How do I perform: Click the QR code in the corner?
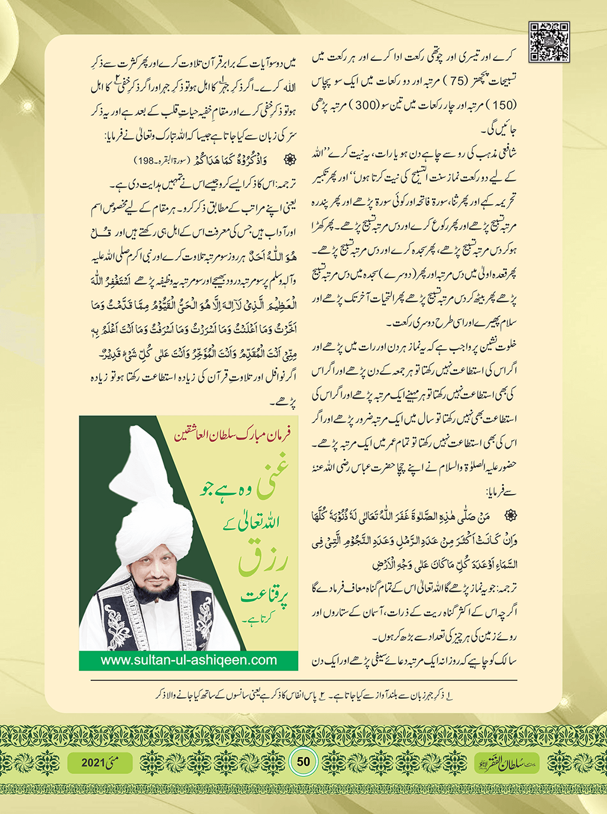coord(549,42)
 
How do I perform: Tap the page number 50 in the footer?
coord(303,761)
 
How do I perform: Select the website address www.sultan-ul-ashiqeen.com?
coord(189,660)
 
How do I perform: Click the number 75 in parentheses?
coord(456,81)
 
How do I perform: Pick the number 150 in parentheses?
coord(505,105)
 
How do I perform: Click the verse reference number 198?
coord(144,160)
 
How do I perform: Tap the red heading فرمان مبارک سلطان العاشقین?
coord(232,436)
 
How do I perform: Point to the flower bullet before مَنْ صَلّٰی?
coord(511,515)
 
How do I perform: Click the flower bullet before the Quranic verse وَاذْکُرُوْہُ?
coord(290,160)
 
